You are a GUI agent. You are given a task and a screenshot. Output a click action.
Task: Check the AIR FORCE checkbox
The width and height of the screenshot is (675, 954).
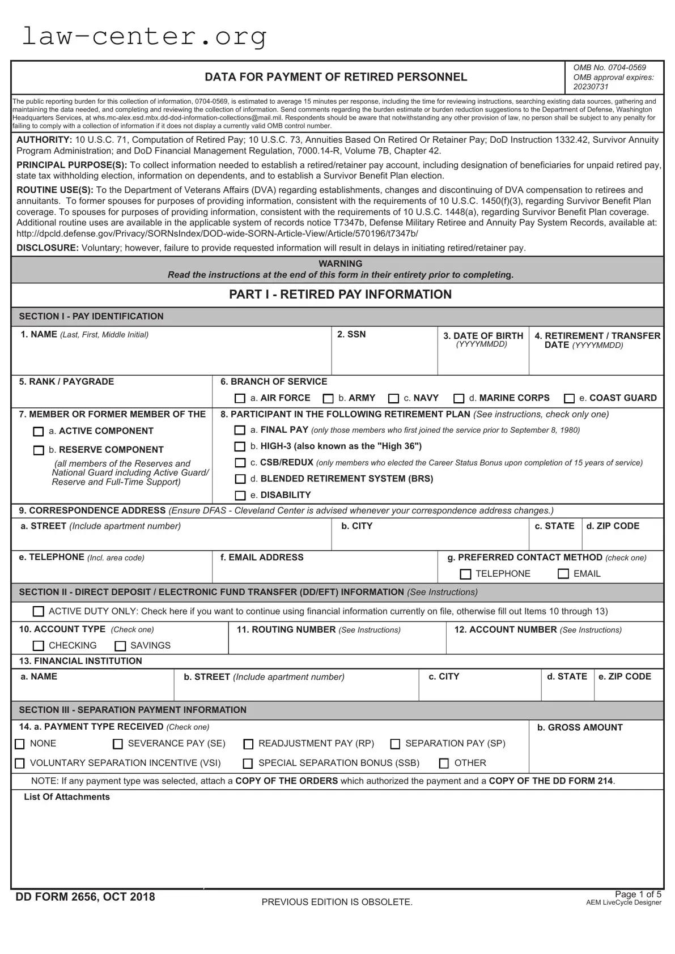point(240,398)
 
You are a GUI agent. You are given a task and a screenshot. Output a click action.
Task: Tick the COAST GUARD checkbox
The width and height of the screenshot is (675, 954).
point(570,398)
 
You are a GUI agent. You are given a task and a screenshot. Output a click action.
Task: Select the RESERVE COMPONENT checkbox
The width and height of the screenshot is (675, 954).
point(39,450)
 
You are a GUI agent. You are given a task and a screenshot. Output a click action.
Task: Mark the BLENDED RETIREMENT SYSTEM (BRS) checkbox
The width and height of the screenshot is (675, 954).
point(240,479)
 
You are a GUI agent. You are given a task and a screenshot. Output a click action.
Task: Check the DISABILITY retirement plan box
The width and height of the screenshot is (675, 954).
point(240,496)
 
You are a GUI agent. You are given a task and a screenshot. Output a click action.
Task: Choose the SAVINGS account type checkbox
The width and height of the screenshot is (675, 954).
point(120,646)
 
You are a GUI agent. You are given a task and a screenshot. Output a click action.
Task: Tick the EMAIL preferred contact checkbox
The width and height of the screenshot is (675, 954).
point(563,574)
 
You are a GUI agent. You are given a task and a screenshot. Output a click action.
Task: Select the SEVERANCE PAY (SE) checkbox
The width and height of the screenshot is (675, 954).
point(118,744)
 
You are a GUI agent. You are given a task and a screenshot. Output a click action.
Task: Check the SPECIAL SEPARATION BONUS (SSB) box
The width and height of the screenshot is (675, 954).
point(248,764)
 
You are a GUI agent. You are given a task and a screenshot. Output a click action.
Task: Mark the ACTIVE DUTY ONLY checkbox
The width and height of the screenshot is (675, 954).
point(39,611)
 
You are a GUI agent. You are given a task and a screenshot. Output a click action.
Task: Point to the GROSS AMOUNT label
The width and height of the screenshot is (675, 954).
point(580,727)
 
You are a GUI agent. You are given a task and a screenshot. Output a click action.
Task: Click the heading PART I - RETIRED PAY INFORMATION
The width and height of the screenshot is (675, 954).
point(340,295)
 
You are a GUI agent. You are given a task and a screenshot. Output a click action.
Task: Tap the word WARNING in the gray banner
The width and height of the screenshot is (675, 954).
point(340,264)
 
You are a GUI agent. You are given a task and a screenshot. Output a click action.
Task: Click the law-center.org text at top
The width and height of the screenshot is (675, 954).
point(144,37)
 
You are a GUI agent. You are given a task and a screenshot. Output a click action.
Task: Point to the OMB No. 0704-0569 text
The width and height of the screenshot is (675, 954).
point(609,67)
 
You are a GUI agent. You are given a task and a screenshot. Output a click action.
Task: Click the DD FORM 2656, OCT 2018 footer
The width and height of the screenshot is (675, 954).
point(85,897)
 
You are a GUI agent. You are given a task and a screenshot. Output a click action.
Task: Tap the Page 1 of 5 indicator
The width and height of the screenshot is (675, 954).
point(638,895)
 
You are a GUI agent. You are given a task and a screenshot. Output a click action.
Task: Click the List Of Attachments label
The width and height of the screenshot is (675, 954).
point(67,797)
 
